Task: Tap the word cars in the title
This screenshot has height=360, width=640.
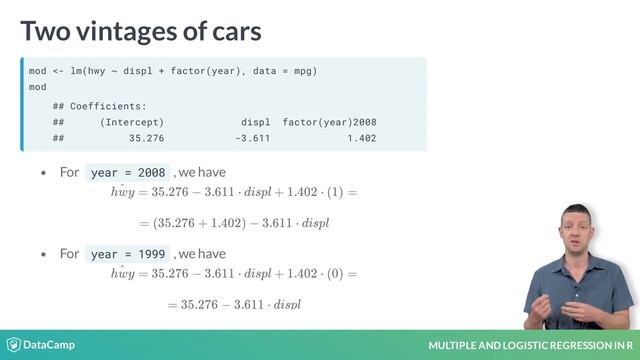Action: [x=231, y=31]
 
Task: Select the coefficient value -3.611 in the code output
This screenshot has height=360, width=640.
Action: [x=252, y=138]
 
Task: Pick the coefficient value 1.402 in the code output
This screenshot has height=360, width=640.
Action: [x=362, y=138]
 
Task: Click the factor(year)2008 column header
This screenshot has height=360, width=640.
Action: [x=330, y=122]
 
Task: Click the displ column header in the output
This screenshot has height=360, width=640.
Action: [x=256, y=122]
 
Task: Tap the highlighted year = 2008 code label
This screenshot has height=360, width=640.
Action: [x=129, y=172]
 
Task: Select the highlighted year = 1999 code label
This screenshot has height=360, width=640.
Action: [x=129, y=254]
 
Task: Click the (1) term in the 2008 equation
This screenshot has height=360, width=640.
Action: [x=335, y=191]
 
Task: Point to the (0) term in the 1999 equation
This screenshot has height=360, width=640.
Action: [x=335, y=273]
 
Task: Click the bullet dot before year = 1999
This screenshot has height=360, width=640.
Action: [x=43, y=255]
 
